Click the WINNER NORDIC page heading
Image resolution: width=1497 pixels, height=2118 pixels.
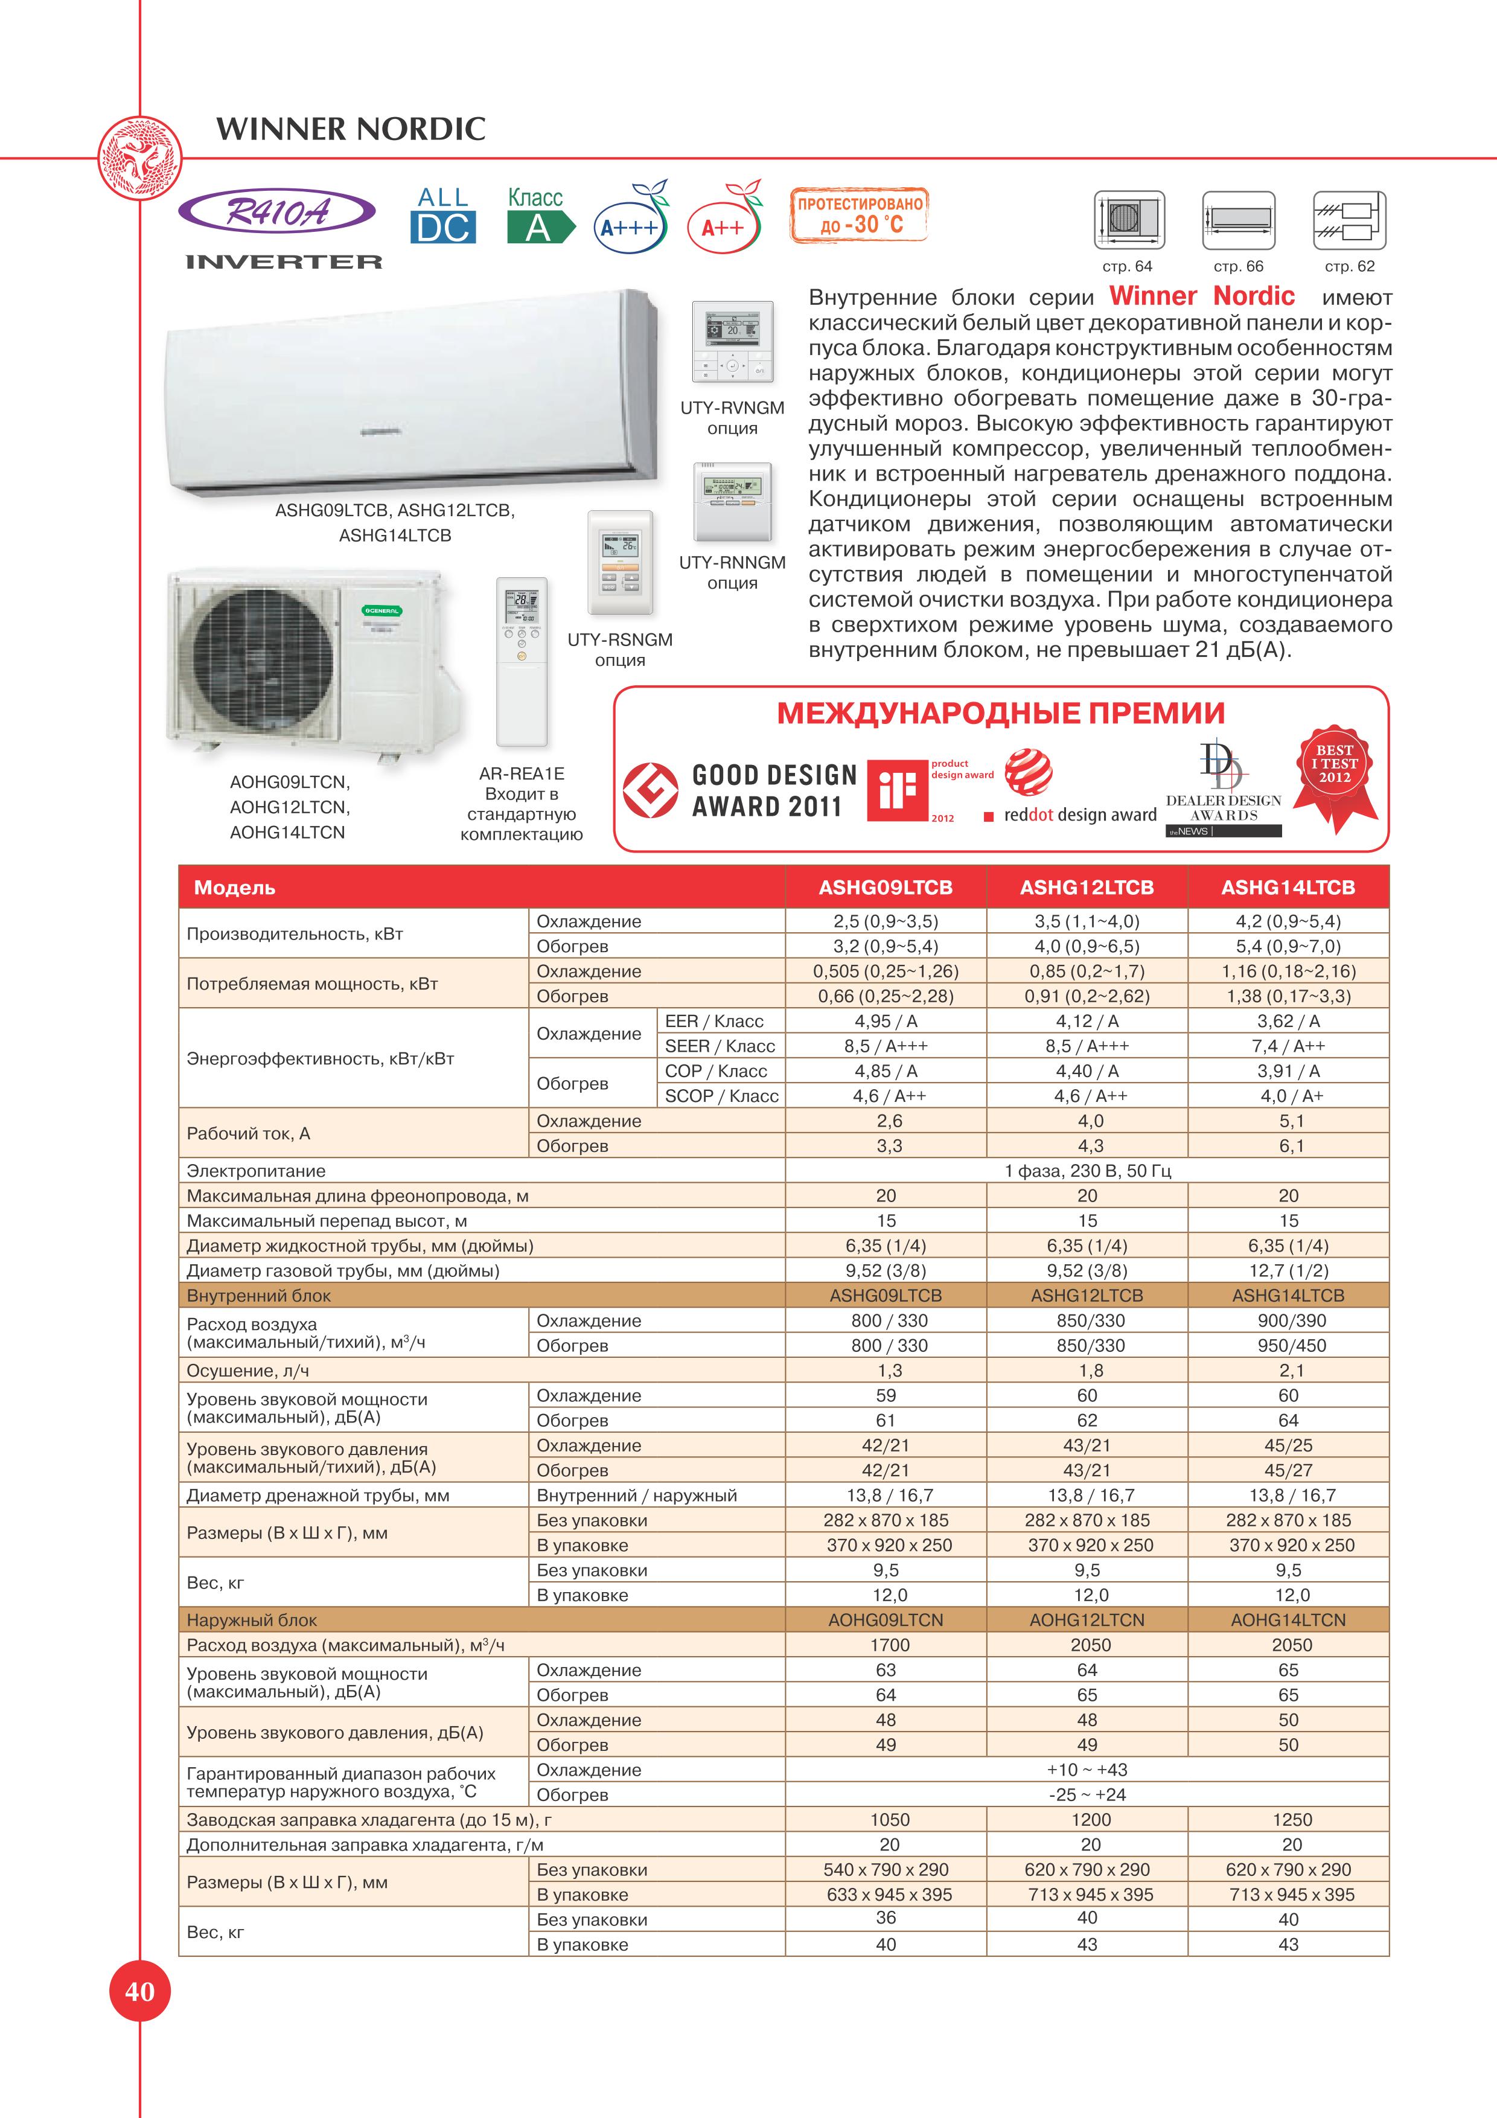click(351, 128)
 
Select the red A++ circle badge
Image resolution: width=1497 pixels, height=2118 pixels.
click(723, 227)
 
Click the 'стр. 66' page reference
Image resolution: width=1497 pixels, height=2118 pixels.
click(1238, 267)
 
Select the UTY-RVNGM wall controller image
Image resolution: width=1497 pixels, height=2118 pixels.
click(732, 342)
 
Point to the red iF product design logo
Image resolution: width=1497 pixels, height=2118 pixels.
click(896, 790)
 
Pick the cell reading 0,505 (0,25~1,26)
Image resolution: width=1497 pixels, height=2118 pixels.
click(886, 971)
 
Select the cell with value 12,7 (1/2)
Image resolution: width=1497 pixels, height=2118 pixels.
click(1289, 1271)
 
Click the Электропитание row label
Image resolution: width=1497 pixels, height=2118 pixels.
click(257, 1171)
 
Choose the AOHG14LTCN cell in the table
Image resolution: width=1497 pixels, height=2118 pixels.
click(1289, 1620)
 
